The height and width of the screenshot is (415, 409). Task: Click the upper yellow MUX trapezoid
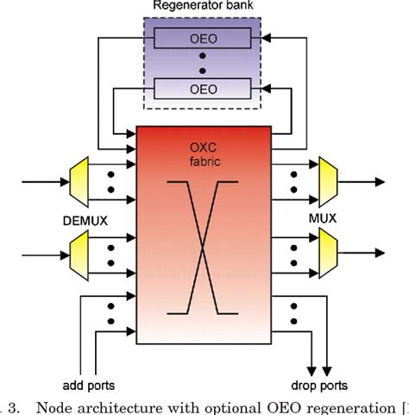pos(329,182)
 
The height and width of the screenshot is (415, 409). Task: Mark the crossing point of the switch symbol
pos(204,253)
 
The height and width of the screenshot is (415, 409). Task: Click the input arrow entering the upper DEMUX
pos(40,182)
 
